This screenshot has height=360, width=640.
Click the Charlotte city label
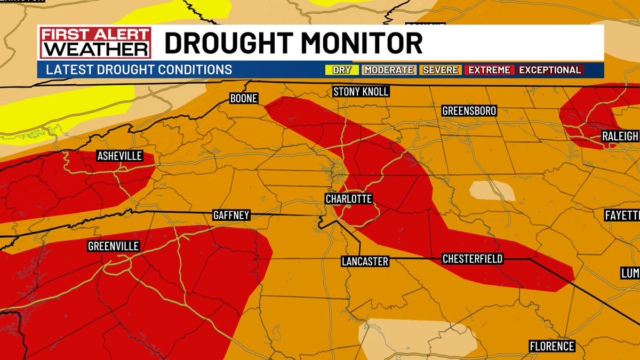[x=349, y=199]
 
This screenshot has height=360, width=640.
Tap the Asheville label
[x=119, y=156]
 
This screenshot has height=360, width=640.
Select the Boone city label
[x=244, y=99]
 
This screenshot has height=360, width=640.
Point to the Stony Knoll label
[x=361, y=92]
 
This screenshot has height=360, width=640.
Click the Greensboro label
[x=469, y=111]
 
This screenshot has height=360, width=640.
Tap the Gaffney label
[x=231, y=215]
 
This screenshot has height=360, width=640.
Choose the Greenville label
[x=113, y=246]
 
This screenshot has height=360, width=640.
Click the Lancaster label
[x=365, y=261]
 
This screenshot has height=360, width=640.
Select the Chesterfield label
[x=473, y=259]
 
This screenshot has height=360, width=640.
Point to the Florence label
[x=552, y=346]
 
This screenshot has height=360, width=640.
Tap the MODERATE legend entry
[x=389, y=70]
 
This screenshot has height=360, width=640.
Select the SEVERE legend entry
[x=441, y=70]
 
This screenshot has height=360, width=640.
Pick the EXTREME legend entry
[x=489, y=70]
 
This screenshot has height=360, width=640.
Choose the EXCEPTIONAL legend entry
[x=550, y=70]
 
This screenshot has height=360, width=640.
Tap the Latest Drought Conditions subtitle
[x=139, y=70]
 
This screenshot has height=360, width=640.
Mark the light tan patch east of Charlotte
[x=492, y=191]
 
